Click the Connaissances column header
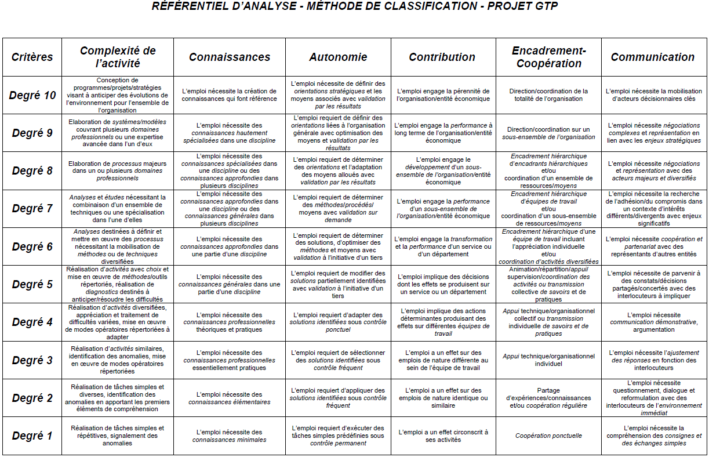click(x=230, y=57)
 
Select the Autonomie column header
click(x=338, y=57)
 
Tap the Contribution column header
click(x=442, y=57)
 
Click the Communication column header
click(x=653, y=57)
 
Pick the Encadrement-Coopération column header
click(x=548, y=57)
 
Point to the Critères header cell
click(x=32, y=57)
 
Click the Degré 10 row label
click(x=32, y=95)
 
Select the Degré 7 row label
click(x=32, y=209)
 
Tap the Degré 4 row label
click(x=32, y=322)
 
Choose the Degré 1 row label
click(x=32, y=436)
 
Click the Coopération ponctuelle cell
click(x=548, y=436)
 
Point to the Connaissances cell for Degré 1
click(x=230, y=436)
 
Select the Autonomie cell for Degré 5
click(x=338, y=284)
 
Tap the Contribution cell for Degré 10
click(x=443, y=95)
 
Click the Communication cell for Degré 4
click(x=653, y=322)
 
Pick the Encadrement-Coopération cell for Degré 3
click(x=548, y=360)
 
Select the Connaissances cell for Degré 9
click(x=230, y=133)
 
